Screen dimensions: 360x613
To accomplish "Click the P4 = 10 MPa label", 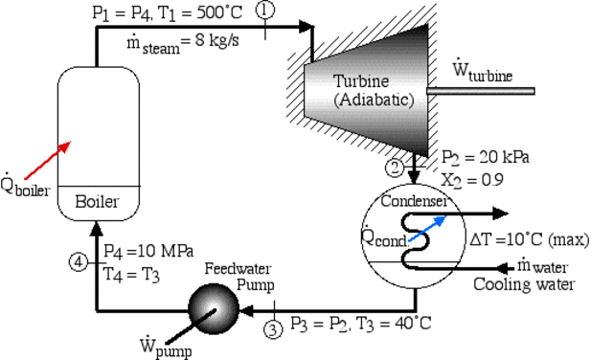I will pos(144,251).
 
